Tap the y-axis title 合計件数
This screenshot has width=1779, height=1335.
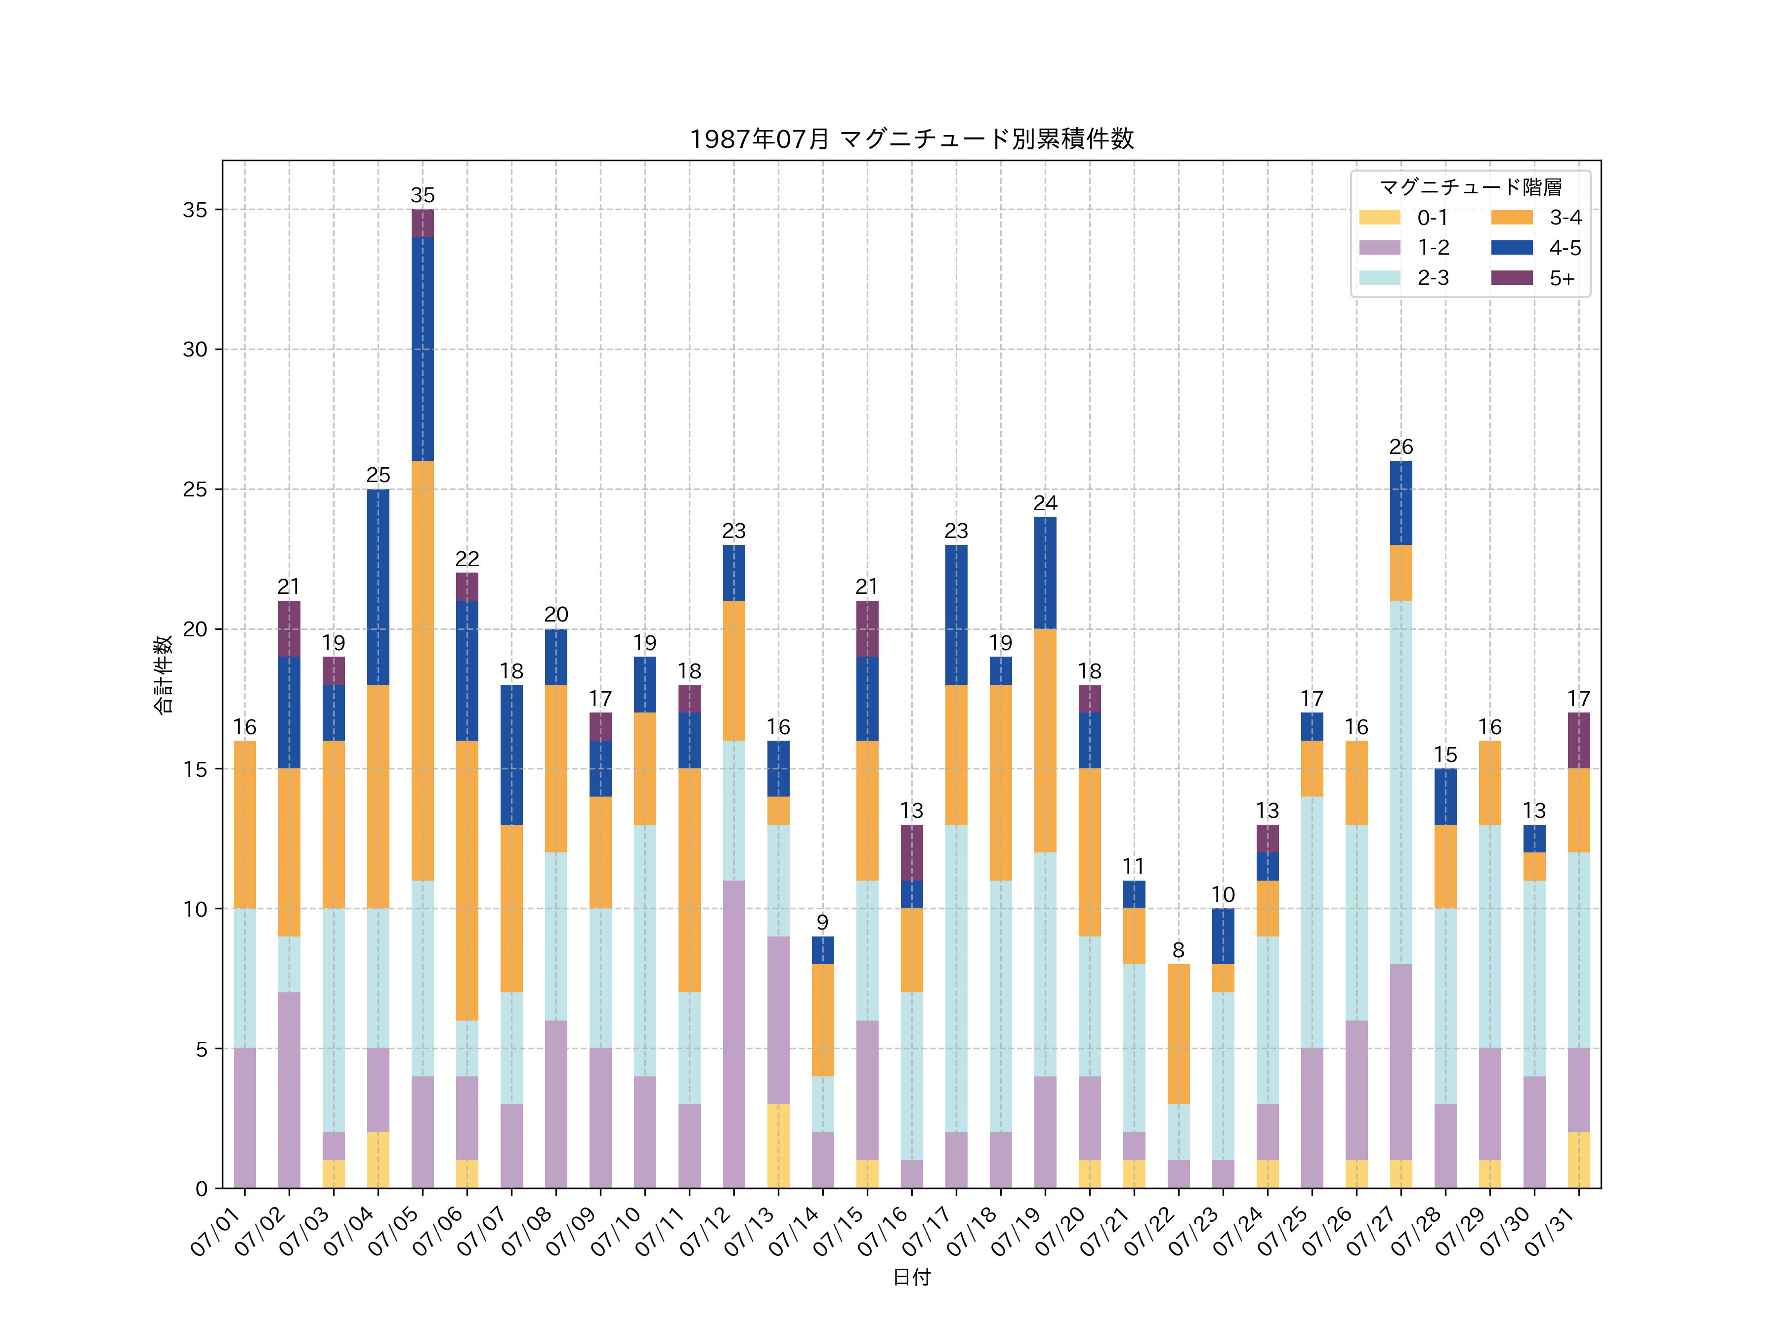163,674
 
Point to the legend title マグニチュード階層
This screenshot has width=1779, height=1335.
1470,187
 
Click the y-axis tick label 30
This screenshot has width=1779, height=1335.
195,349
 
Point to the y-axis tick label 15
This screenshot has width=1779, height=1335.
195,769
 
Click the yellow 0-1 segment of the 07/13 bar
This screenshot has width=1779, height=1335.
778,1146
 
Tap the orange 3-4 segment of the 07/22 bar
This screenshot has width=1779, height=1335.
1178,1034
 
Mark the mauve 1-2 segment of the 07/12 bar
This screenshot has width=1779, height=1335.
733,1034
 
